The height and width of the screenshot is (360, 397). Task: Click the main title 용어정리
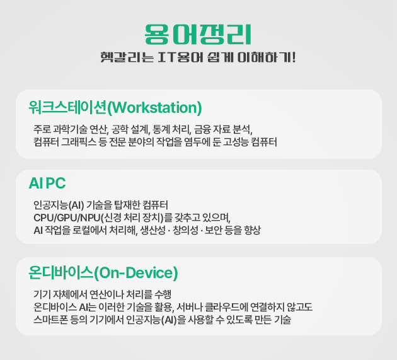(x=198, y=35)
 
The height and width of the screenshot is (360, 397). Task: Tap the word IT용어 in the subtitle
(x=180, y=57)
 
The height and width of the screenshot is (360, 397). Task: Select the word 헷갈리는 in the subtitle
(x=127, y=57)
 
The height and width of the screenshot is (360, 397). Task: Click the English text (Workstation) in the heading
(x=154, y=108)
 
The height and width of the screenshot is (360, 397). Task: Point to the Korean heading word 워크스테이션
(x=67, y=107)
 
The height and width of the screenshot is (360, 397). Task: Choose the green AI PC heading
(x=47, y=183)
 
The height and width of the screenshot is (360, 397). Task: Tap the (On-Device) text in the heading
(x=136, y=273)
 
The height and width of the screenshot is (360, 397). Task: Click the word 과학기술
(x=70, y=129)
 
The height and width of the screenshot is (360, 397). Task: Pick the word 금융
(x=202, y=129)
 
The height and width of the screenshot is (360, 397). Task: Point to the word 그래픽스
(x=79, y=142)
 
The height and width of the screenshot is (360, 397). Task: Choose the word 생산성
(x=152, y=230)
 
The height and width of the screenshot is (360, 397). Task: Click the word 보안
(x=213, y=230)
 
